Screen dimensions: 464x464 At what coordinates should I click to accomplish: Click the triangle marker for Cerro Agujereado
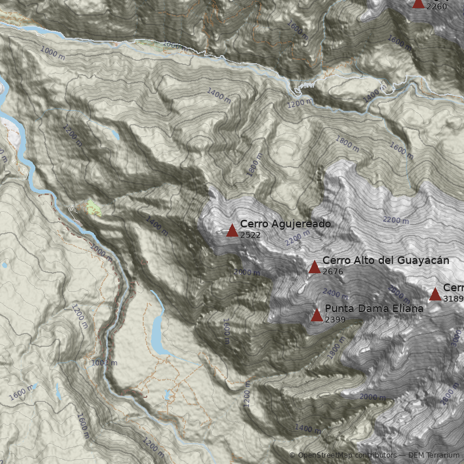(x=232, y=231)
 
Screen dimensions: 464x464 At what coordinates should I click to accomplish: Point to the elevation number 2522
(x=250, y=235)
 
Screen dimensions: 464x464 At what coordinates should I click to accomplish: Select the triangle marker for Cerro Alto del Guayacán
(x=314, y=267)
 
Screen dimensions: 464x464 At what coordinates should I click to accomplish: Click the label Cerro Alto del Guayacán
(x=386, y=260)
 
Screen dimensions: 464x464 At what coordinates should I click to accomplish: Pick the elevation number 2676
(x=333, y=271)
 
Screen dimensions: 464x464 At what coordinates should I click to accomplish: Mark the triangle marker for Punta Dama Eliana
(x=317, y=316)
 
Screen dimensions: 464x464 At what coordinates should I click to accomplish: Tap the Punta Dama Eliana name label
(x=374, y=309)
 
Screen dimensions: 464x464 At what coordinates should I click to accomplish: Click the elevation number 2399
(x=336, y=320)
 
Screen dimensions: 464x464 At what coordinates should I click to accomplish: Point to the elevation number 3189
(x=453, y=299)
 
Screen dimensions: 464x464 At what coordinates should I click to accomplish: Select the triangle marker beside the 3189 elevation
(x=435, y=295)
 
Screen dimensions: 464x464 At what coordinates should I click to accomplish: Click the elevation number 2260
(x=436, y=6)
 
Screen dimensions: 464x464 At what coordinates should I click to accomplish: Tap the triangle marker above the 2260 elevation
(x=418, y=3)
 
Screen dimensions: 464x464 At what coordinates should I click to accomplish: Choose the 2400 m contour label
(x=335, y=293)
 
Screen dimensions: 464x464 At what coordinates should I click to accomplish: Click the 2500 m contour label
(x=399, y=291)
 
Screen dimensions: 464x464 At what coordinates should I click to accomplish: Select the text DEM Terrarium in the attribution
(x=434, y=455)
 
